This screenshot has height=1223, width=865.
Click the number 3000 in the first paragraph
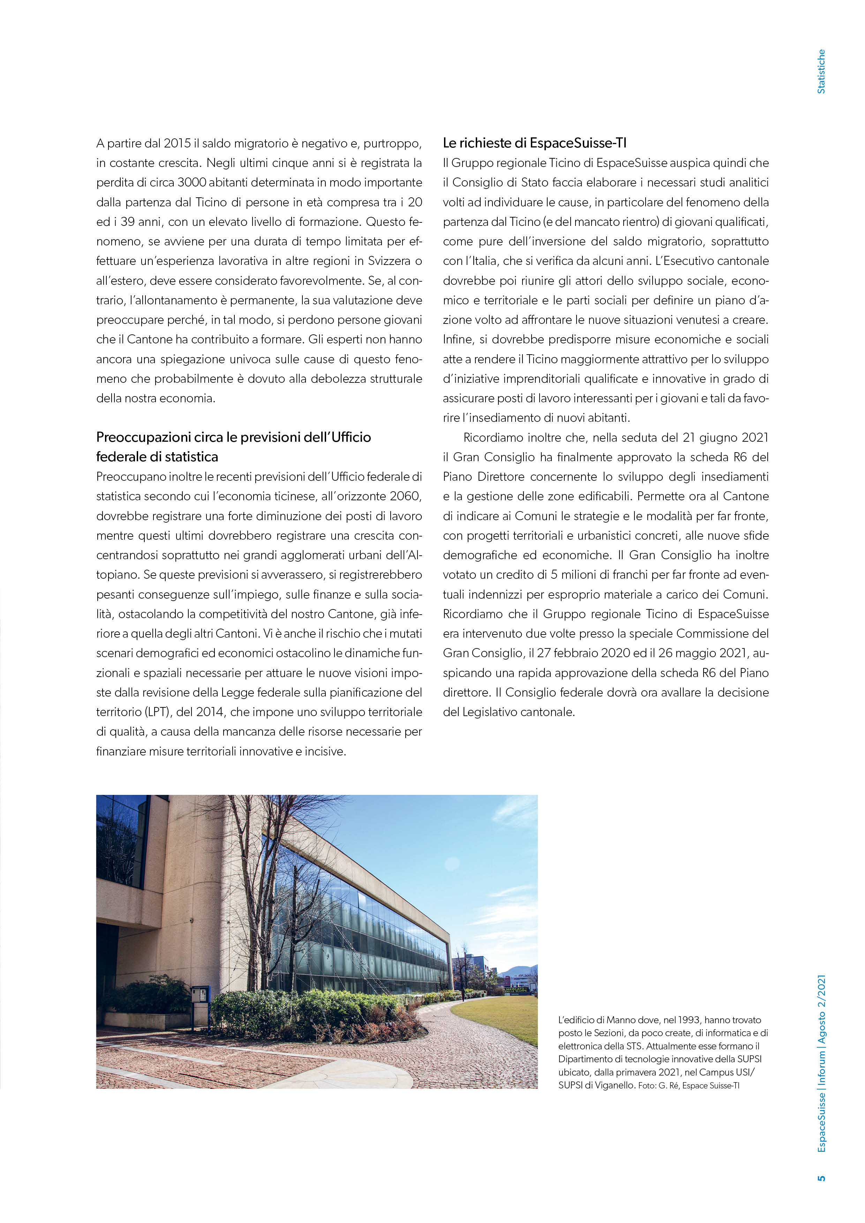(191, 182)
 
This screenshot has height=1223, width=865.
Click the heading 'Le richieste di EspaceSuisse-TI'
(535, 143)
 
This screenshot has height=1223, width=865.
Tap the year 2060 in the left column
(405, 496)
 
